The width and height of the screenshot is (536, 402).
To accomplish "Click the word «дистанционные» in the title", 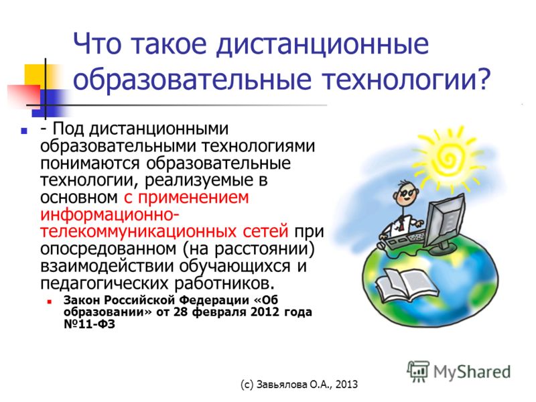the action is coord(322,45).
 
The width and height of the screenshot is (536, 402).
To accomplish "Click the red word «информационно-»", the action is coord(109,214).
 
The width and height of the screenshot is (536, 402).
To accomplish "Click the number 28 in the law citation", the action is coord(181,312).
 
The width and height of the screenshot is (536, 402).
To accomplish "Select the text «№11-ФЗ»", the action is coord(89,324).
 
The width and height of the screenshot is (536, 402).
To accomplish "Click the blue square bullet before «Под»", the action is coord(23,131).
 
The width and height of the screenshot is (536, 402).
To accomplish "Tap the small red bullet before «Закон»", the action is coord(50,302).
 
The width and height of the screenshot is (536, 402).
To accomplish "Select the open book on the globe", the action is coord(407,284).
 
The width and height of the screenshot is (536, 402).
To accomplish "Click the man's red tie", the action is coord(401,224).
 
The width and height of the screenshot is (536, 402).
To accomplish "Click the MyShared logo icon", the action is coord(417,371).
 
